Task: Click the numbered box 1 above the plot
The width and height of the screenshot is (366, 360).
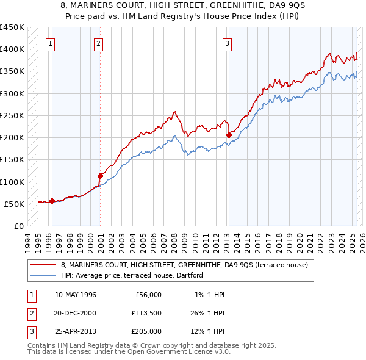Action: tap(49, 43)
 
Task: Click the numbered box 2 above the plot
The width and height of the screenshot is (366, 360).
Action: tap(98, 43)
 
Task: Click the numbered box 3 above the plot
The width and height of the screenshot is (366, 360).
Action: tap(227, 43)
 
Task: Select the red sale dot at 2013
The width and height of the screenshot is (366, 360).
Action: tap(229, 135)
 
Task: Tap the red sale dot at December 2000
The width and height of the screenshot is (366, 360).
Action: tap(100, 176)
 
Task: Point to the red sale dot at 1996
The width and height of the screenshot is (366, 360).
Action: tap(52, 201)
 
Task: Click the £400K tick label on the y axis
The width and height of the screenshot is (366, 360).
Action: tap(12, 49)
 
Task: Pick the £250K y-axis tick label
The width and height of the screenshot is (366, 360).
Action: tap(12, 115)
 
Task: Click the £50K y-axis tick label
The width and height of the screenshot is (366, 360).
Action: tap(15, 204)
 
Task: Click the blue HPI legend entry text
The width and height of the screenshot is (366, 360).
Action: tap(135, 276)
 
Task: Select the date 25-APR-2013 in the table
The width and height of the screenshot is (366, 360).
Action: tap(75, 331)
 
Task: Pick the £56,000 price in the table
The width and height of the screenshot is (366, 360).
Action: tap(148, 295)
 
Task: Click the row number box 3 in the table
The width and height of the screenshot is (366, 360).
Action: tap(30, 331)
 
